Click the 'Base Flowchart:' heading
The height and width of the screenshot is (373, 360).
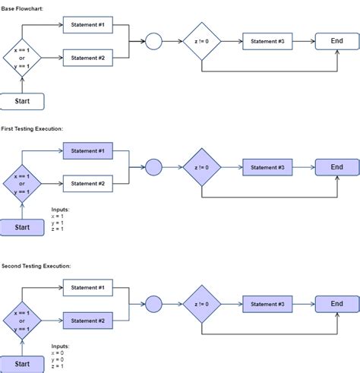(22, 8)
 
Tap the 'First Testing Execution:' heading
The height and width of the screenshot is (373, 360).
(31, 128)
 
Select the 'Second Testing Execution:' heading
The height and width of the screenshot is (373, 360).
(36, 266)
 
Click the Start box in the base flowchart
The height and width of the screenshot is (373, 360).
(22, 101)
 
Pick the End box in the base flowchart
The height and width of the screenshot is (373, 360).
(337, 41)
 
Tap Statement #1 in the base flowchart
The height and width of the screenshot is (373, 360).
(87, 25)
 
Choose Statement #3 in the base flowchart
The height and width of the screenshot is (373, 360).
(267, 41)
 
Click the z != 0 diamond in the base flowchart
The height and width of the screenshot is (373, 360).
(201, 41)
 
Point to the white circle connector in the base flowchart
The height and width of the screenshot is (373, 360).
(153, 41)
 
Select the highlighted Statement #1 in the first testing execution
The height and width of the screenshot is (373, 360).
(87, 151)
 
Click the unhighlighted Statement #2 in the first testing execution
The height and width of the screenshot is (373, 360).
(87, 183)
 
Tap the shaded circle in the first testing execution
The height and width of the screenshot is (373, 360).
(153, 167)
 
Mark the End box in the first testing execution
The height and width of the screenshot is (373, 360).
(337, 167)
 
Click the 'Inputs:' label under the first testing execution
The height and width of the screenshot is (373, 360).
(60, 210)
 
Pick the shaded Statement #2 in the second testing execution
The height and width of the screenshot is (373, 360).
(87, 321)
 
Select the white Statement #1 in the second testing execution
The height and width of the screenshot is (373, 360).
(87, 288)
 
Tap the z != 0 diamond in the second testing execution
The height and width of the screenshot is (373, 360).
(201, 304)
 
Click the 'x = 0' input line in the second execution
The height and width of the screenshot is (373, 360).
(58, 352)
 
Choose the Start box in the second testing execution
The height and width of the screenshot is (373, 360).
(22, 364)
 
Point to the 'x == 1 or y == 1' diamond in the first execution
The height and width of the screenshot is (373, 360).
(22, 183)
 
